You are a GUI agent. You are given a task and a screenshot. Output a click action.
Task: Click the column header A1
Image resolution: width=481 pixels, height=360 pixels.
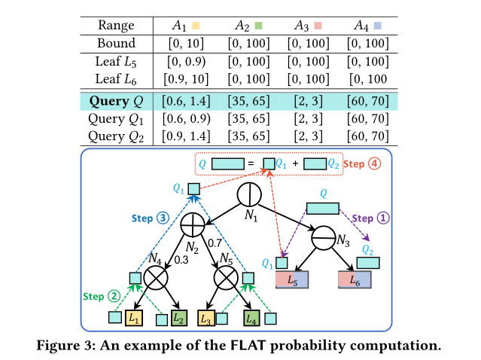tap(179, 26)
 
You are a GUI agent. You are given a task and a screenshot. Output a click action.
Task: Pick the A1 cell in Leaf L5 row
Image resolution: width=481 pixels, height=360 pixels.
tap(187, 61)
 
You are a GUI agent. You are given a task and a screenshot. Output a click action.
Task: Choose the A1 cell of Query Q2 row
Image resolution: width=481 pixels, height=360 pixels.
tap(187, 136)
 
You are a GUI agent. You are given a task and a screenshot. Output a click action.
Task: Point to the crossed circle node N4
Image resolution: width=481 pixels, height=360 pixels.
tap(157, 279)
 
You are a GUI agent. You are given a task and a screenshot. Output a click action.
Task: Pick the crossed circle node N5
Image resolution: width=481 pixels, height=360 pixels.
tap(227, 279)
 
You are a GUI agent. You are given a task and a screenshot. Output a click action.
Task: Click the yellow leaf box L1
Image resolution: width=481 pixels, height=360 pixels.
tap(134, 319)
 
